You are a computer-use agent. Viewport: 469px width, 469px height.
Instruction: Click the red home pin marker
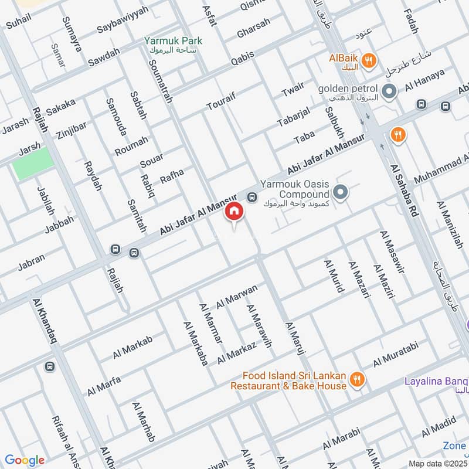(234, 212)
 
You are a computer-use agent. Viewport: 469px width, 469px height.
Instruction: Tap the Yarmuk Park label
(174, 41)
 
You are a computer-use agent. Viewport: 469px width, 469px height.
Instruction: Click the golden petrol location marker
(388, 91)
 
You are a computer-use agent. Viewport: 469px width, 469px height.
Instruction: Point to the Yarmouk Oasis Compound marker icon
(340, 192)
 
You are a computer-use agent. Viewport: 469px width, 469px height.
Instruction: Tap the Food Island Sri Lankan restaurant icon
(356, 381)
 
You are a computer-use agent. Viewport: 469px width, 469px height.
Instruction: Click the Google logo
(24, 460)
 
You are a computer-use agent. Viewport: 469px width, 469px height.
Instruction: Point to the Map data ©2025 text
(438, 463)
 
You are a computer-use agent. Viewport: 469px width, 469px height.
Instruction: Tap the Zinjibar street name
(72, 127)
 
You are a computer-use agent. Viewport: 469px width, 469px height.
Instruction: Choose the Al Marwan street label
(237, 296)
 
